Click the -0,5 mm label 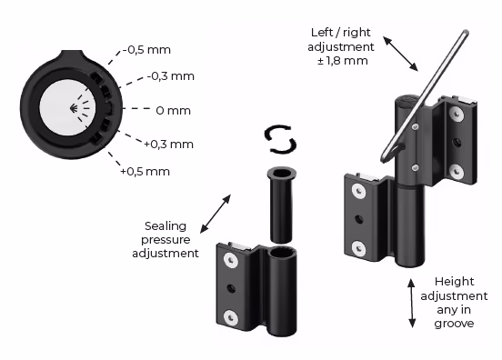pos(146,50)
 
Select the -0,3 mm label pos(171,76)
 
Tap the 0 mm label pos(173,111)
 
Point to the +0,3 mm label pos(169,145)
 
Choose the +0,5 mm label pos(145,172)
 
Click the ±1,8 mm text pos(342,61)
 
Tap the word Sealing pos(166,226)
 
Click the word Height pos(454,282)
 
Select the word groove pos(454,324)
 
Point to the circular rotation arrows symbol pos(280,139)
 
